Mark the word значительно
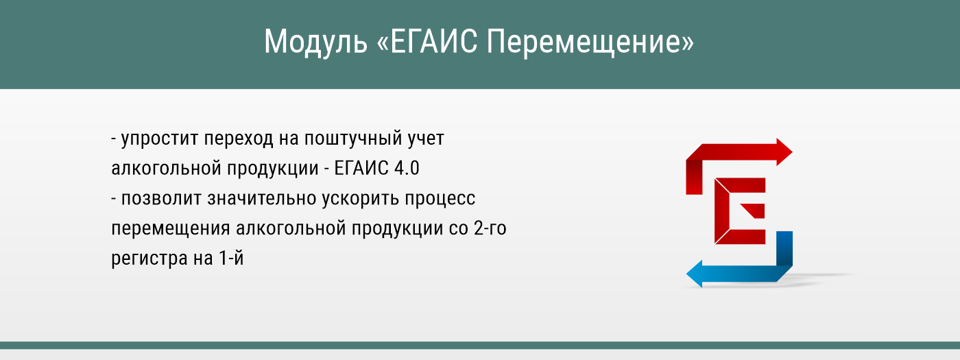coord(257,200)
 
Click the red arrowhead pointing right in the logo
coord(784,152)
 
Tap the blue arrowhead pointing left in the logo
coord(695,274)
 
